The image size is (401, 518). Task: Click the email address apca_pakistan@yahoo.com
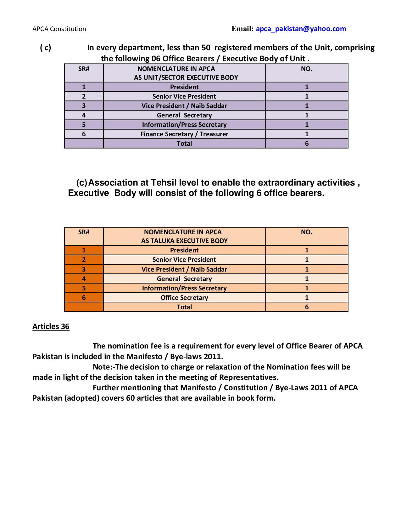point(301,29)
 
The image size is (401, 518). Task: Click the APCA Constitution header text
point(59,29)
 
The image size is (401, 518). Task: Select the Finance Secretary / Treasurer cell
point(184,134)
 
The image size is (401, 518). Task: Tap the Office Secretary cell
point(184,298)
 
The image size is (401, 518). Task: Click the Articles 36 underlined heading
point(51,326)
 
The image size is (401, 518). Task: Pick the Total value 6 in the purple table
point(307,143)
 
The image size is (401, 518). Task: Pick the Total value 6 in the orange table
point(307,307)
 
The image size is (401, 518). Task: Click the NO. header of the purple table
point(307,69)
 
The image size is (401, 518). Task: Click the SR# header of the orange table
point(84,232)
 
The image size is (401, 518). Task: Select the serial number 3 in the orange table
point(84,269)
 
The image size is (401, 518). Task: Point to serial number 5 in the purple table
point(84,125)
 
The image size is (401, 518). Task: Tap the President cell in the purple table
point(184,87)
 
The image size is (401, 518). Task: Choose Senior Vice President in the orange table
point(184,260)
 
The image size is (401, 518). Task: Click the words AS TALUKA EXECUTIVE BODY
point(184,241)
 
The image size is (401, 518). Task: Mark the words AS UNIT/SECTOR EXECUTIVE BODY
point(186,78)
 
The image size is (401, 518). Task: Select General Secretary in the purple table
point(184,115)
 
